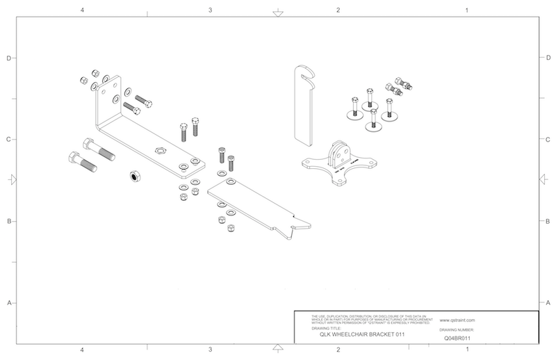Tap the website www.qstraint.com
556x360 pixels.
click(x=457, y=321)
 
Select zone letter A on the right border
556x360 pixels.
click(x=548, y=303)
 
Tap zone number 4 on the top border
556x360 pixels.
click(x=82, y=10)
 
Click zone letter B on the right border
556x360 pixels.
click(x=548, y=221)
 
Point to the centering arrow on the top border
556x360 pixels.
click(x=277, y=13)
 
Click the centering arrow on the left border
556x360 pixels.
click(x=11, y=180)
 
